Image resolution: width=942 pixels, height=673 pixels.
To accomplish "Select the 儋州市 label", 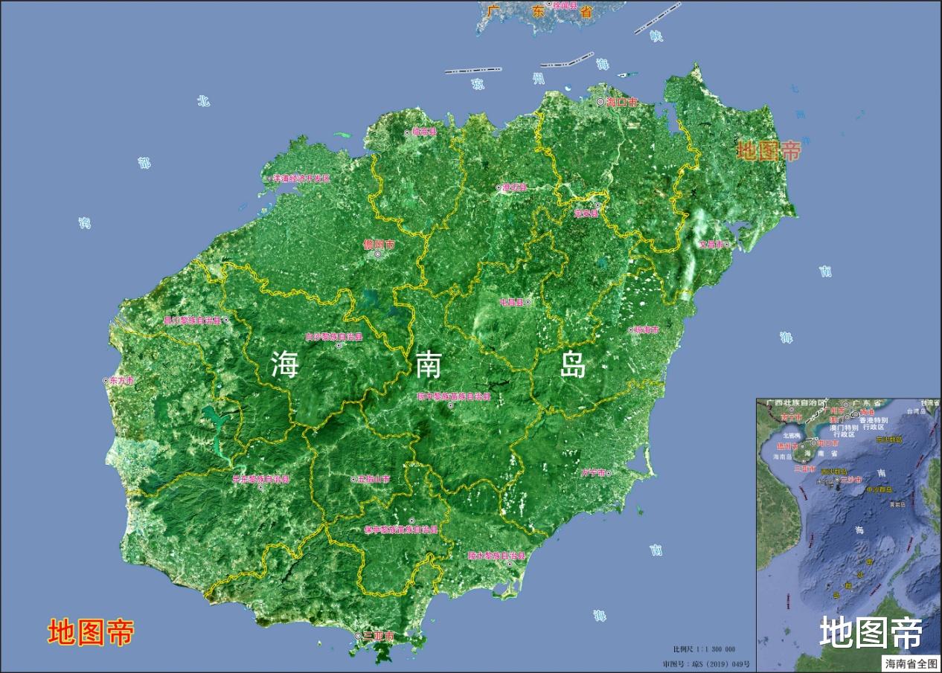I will point(379,244).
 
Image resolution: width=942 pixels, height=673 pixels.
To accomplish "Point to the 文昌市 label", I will point(712,244).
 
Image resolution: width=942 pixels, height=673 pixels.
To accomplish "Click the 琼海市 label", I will point(644,329).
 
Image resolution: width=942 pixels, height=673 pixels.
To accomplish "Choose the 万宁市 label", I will point(595,472).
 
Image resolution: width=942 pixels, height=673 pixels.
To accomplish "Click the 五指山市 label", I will point(373,480).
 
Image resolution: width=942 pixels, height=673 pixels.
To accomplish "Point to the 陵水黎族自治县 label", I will point(496,556).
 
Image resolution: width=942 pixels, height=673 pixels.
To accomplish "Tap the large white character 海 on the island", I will point(285,364).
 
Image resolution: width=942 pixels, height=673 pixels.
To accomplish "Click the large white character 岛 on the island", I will point(573,364).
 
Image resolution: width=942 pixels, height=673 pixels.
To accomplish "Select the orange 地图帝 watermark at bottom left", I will point(91,632).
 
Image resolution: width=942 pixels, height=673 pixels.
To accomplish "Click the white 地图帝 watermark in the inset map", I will point(871,633).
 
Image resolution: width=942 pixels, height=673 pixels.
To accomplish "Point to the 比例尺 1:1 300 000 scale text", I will point(703,649).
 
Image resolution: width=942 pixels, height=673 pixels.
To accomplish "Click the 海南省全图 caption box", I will point(911,663).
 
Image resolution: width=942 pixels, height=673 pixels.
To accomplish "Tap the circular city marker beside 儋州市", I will point(378,255).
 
